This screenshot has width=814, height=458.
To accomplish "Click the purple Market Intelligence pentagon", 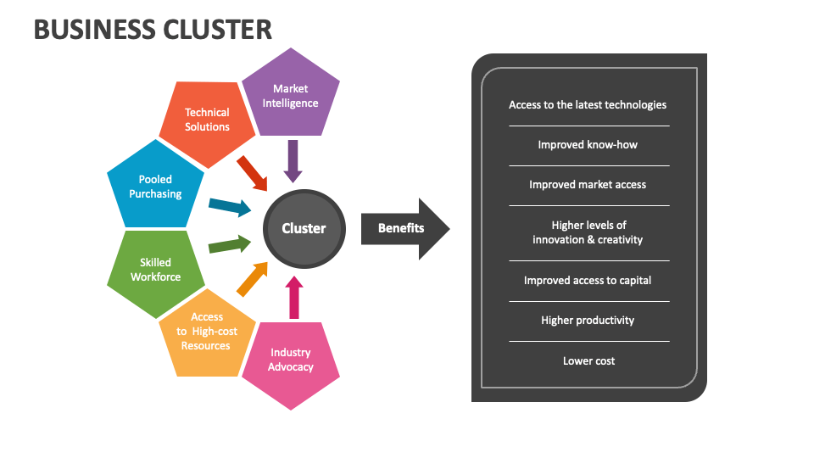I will [x=290, y=95].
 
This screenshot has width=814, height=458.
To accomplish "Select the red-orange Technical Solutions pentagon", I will [x=208, y=120].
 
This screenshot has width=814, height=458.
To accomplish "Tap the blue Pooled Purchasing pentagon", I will [x=155, y=187].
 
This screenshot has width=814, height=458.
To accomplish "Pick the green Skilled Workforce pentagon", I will [x=155, y=270].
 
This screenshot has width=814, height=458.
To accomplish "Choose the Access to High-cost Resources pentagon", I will [x=206, y=332].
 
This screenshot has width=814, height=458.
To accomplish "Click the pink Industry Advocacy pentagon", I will [x=290, y=360].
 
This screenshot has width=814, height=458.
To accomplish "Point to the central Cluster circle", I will [x=304, y=228].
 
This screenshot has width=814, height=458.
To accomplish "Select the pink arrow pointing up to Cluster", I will [x=293, y=297].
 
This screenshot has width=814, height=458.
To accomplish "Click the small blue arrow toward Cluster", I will [x=229, y=206].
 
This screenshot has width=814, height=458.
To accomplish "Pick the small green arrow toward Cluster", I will [x=229, y=246].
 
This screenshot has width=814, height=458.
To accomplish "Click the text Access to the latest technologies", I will [x=588, y=105].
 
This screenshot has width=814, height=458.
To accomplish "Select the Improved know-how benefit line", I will [x=588, y=145].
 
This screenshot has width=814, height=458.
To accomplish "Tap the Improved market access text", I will [x=588, y=185].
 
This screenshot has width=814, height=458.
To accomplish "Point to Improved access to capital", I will [x=588, y=281].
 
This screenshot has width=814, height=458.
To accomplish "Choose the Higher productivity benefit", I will [x=588, y=321].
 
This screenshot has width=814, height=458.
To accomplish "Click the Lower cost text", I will [x=588, y=361].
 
